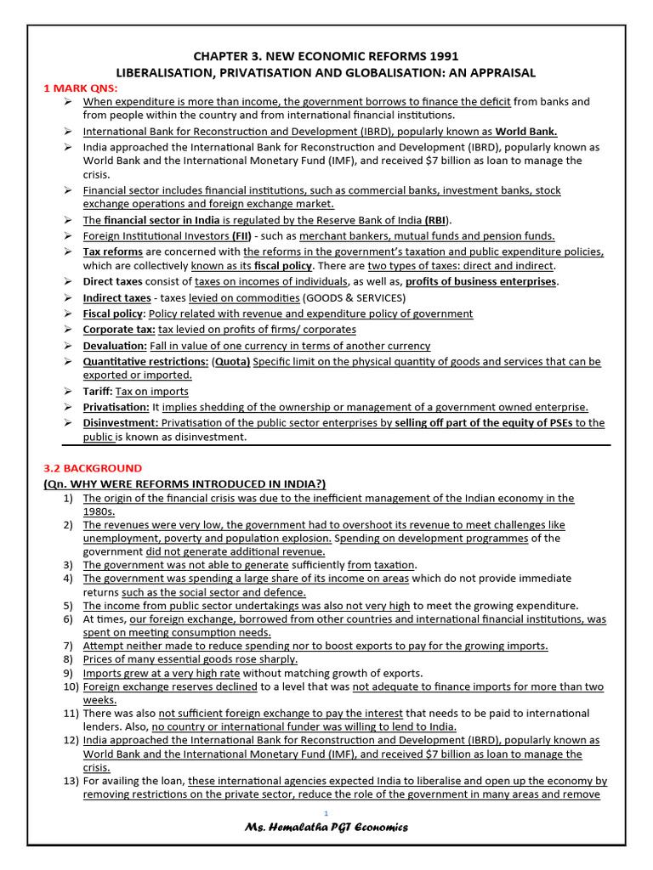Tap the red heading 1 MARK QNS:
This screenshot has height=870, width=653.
81,88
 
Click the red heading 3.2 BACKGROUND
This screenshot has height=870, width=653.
93,468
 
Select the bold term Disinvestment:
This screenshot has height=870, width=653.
121,423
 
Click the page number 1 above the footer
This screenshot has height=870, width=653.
326,813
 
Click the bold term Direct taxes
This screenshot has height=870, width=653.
112,282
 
